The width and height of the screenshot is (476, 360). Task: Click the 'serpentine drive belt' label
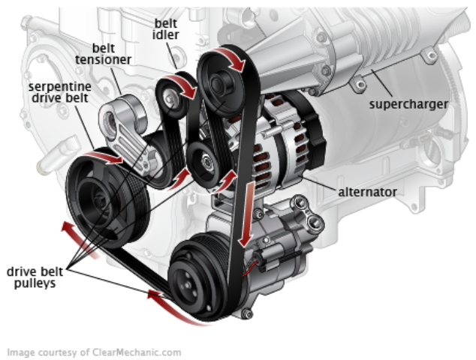coord(62,94)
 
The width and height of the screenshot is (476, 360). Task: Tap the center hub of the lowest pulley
coord(197,280)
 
